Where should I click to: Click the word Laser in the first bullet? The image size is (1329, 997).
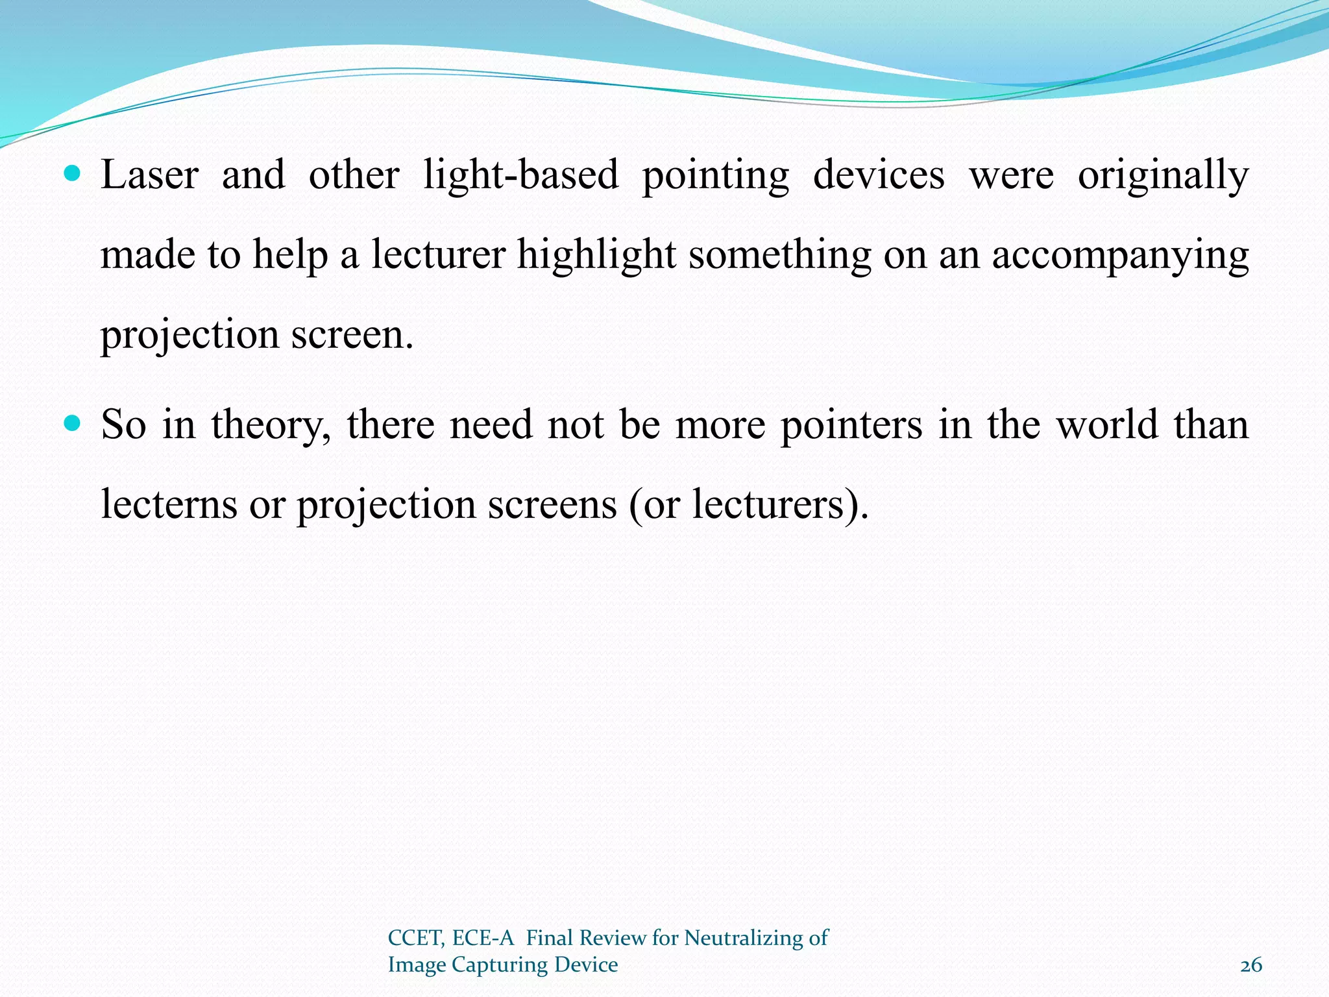[149, 175]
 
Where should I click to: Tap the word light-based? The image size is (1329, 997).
[521, 175]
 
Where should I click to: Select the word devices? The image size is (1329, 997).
[879, 175]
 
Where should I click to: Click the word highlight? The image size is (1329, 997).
[596, 255]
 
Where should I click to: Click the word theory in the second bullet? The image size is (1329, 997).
[271, 426]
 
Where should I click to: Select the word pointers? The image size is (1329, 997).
[851, 426]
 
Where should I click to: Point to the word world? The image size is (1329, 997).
[1107, 425]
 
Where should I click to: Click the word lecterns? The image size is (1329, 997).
[169, 504]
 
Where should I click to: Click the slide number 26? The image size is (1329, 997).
[1251, 965]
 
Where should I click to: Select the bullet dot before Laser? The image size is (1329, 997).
[73, 174]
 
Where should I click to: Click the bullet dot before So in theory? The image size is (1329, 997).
[73, 424]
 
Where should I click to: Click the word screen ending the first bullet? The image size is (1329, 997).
[350, 336]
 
